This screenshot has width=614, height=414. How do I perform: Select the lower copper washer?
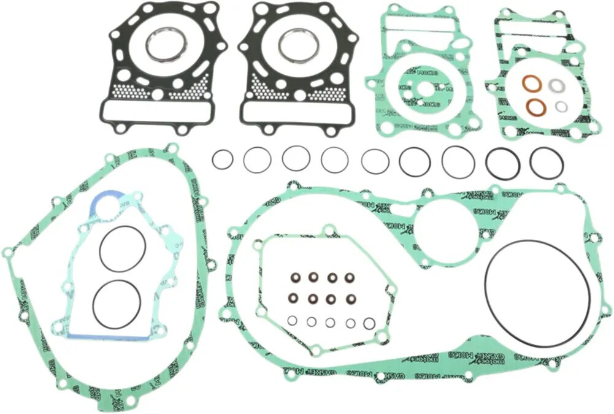(536, 106)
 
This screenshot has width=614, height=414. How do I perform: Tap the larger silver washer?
(557, 86)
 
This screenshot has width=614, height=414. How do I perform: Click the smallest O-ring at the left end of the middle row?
(223, 160)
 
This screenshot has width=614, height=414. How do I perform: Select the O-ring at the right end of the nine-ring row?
(546, 163)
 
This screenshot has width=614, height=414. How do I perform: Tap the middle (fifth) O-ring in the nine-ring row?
(375, 161)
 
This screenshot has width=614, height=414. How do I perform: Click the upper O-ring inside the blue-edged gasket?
(123, 248)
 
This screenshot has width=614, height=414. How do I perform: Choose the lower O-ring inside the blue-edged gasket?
(117, 304)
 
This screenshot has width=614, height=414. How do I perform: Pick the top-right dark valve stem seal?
(351, 277)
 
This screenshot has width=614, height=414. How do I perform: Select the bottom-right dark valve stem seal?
(351, 299)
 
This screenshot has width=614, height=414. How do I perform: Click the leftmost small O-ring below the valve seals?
(293, 320)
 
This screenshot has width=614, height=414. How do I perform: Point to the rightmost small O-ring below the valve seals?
(369, 323)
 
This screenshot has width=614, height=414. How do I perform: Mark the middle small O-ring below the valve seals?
(331, 322)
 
